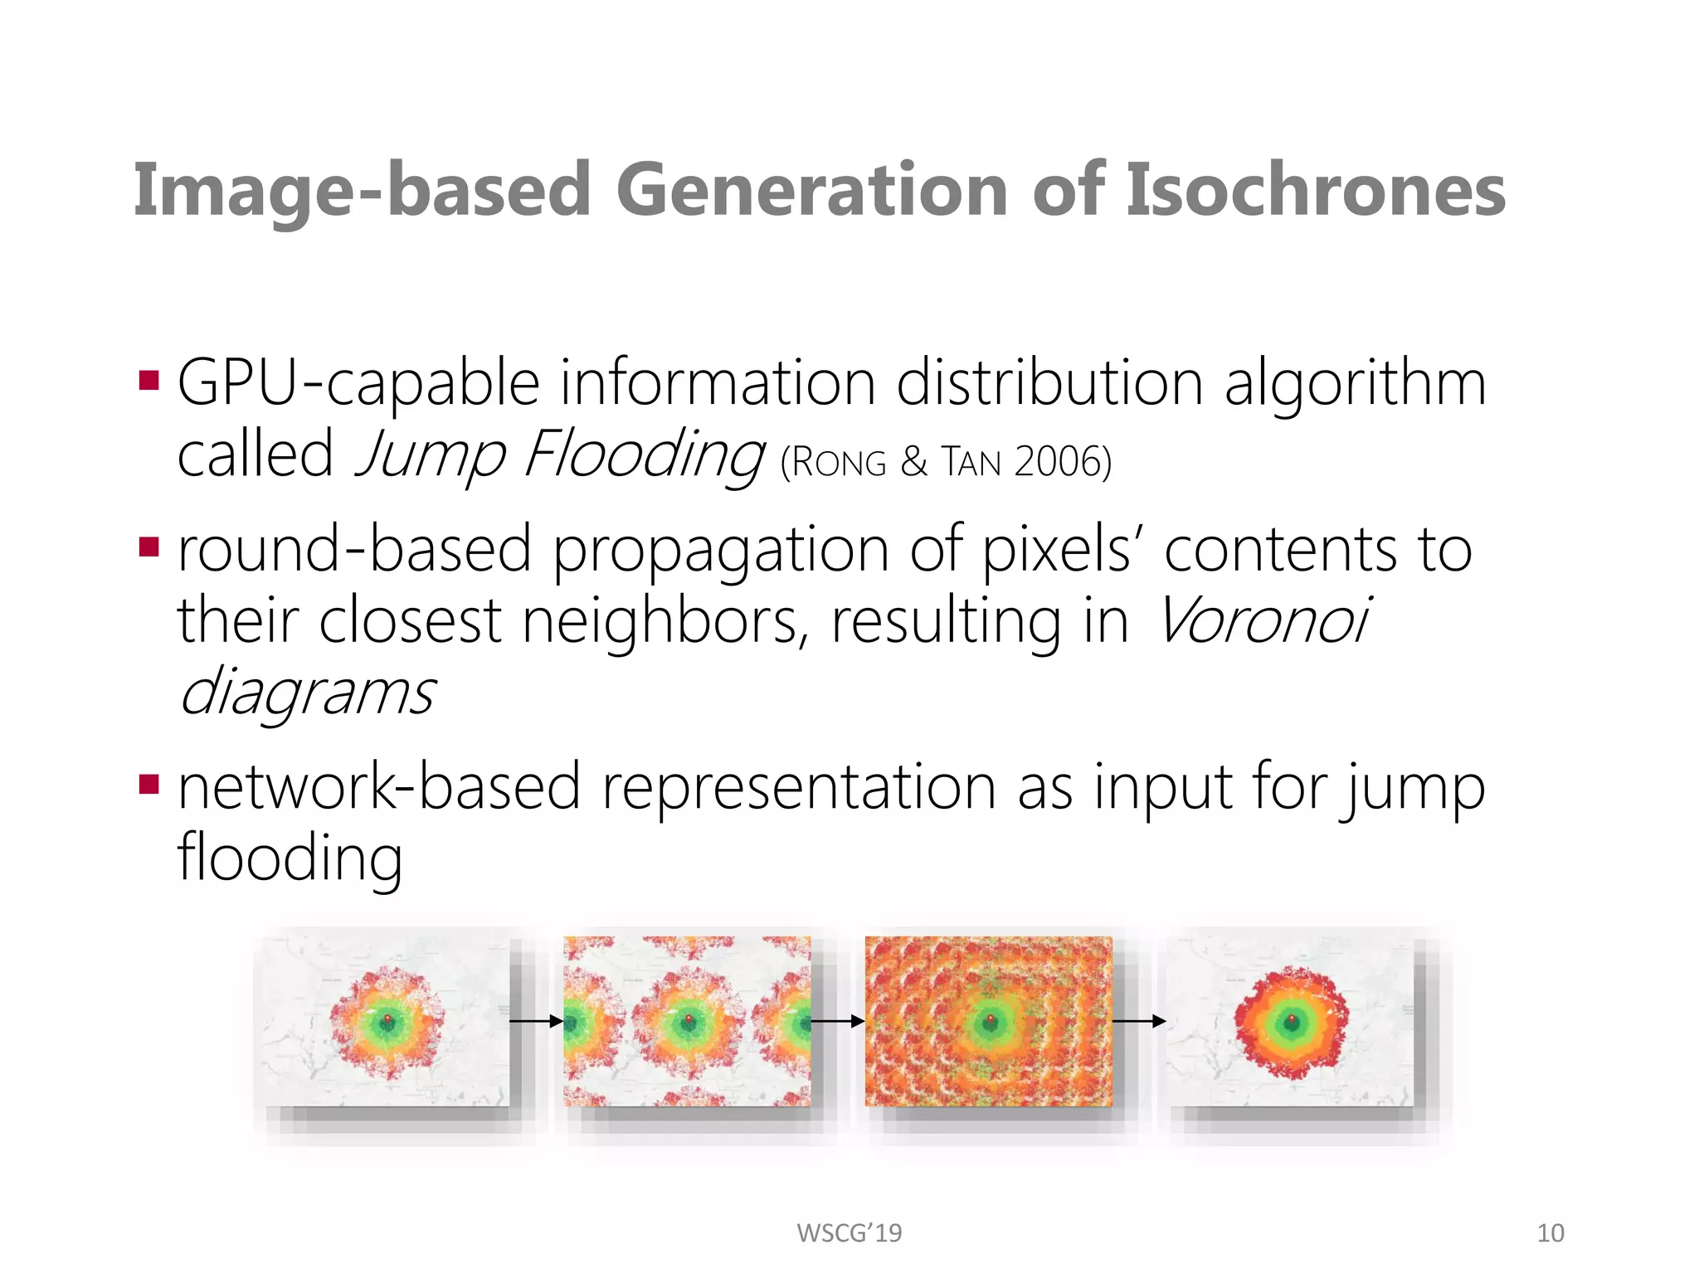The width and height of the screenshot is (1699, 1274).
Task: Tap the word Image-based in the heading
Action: click(x=362, y=190)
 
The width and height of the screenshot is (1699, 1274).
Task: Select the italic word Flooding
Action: click(x=643, y=455)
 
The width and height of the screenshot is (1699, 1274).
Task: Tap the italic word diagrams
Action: click(x=307, y=693)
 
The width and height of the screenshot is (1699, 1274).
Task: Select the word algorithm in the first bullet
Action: click(x=1356, y=383)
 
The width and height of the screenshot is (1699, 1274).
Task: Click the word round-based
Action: click(x=354, y=549)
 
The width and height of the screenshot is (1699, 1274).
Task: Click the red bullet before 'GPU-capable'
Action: click(x=149, y=381)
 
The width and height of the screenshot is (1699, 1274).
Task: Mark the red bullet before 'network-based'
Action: click(x=149, y=784)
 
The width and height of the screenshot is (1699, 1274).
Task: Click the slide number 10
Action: click(x=1550, y=1233)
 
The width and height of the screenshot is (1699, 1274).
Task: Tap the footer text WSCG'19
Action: click(x=849, y=1233)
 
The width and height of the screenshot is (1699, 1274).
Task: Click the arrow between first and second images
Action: click(x=536, y=1022)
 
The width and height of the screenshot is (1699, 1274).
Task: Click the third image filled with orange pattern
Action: click(x=988, y=1021)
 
